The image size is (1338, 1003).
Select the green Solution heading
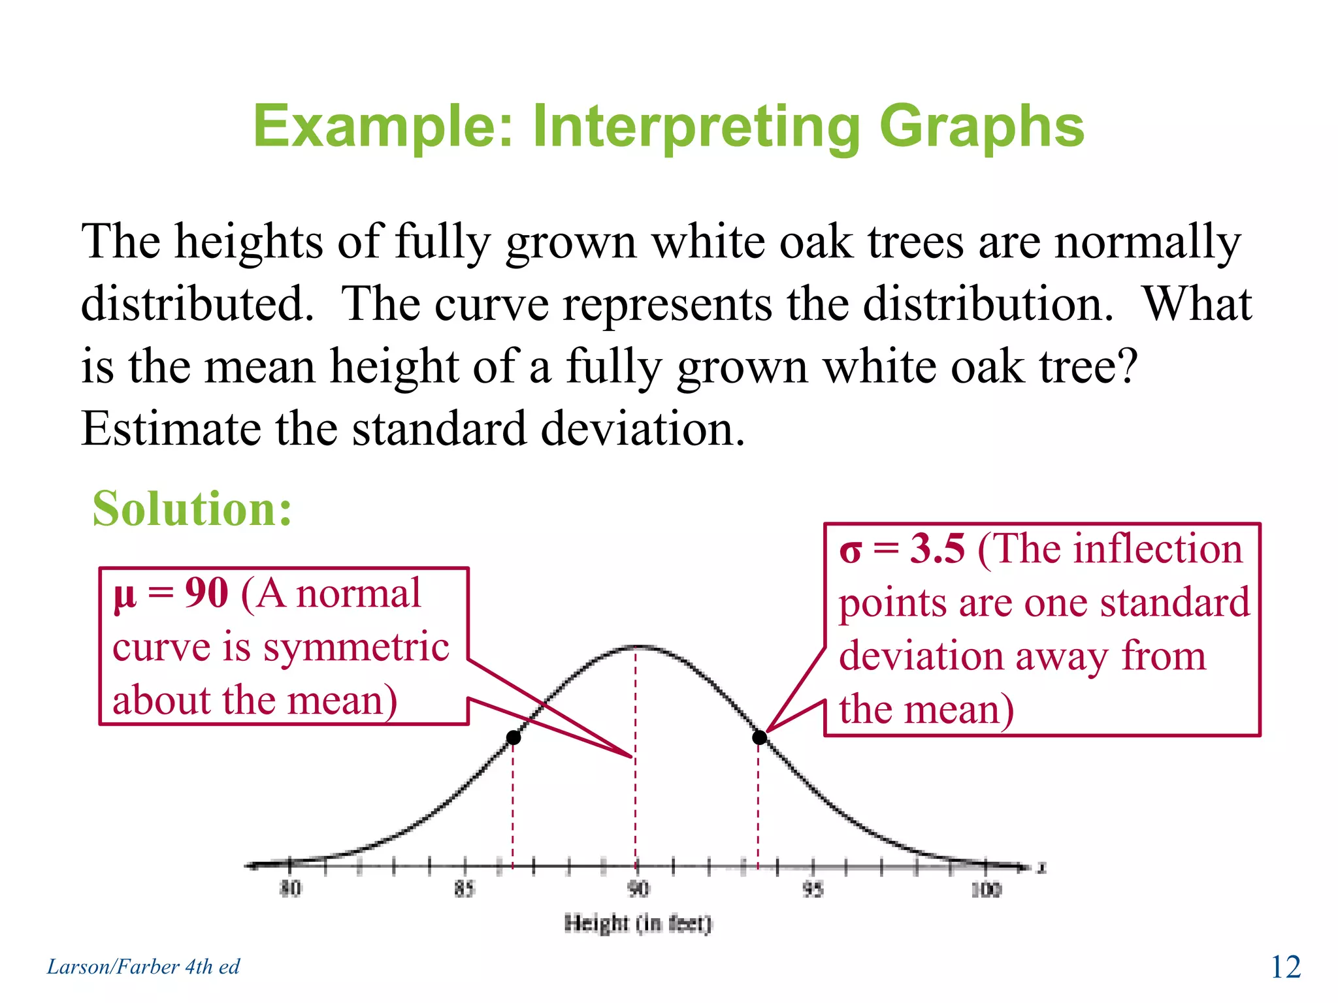coord(192,509)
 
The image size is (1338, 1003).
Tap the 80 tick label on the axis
coord(290,889)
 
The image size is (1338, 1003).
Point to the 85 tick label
coord(465,889)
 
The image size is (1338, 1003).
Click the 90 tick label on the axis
coord(638,889)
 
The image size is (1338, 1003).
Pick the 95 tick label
coord(813,889)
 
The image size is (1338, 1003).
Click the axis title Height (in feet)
coord(638,923)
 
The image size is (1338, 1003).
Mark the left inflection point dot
coord(514,738)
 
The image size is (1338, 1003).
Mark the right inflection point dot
coord(759,738)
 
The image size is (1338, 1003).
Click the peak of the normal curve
coord(637,646)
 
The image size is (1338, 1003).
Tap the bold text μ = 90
coord(171,594)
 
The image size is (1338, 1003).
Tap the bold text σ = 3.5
coord(902,549)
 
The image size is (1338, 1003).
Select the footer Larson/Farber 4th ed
coord(143,966)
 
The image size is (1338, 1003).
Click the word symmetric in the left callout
coord(355,648)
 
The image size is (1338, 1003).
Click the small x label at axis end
coord(1042,868)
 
